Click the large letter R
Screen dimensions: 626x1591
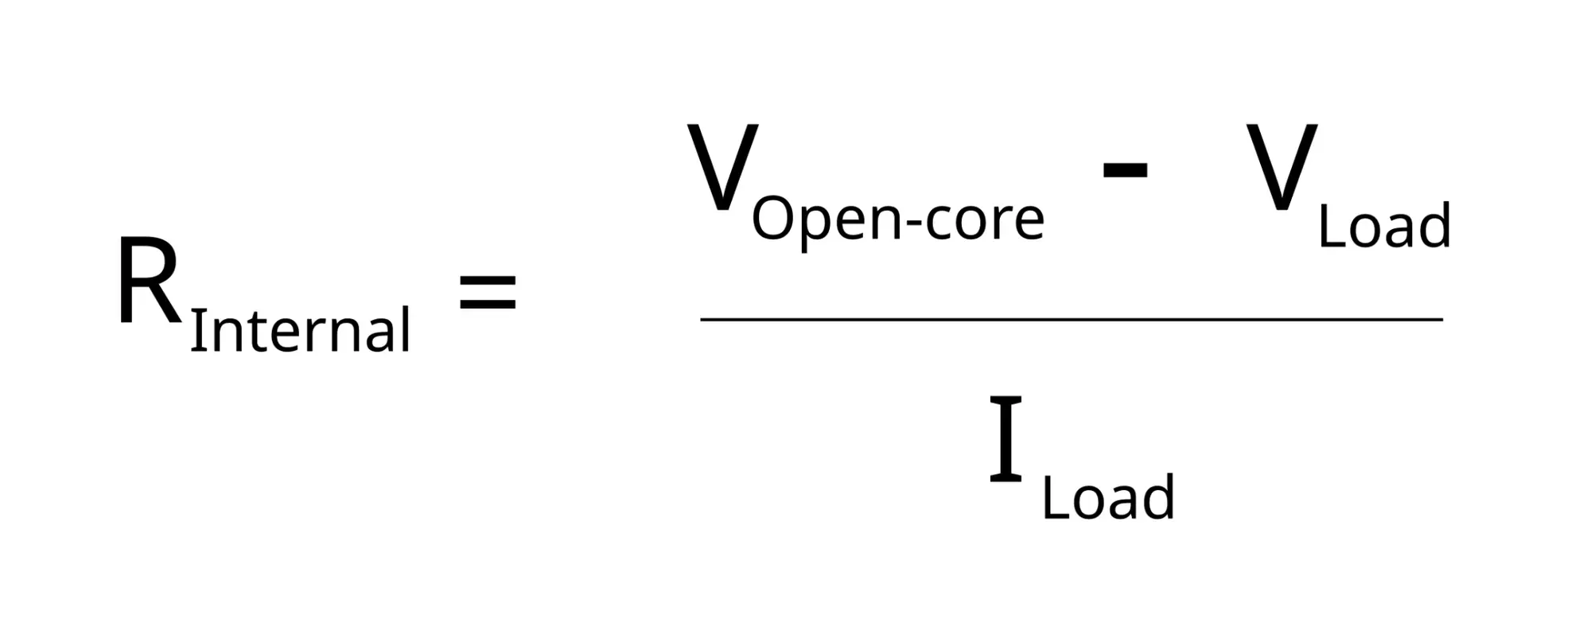pyautogui.click(x=148, y=282)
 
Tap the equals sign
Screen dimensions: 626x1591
pyautogui.click(x=488, y=291)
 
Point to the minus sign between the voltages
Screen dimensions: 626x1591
pyautogui.click(x=1124, y=169)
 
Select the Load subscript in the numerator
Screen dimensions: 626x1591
pyautogui.click(x=1384, y=227)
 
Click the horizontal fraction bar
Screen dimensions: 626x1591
pyautogui.click(x=1071, y=320)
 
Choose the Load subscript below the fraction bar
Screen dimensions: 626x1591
pyautogui.click(x=1108, y=499)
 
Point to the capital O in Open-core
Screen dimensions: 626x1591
pyautogui.click(x=774, y=219)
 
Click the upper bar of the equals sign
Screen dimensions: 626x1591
pyautogui.click(x=488, y=278)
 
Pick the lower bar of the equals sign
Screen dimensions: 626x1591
pyautogui.click(x=488, y=304)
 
